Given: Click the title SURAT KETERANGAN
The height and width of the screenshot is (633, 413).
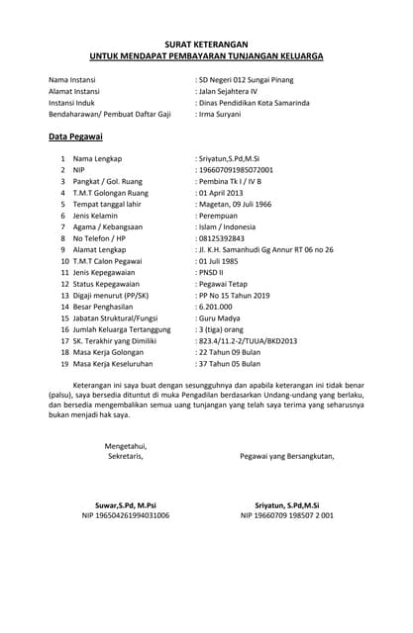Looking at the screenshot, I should pos(206,45).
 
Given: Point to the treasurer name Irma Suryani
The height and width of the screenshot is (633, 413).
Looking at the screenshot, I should pos(224,115).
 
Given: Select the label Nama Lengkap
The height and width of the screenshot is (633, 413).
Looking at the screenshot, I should pos(100,158).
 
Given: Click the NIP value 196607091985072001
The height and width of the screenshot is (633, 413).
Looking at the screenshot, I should pos(238,170).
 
